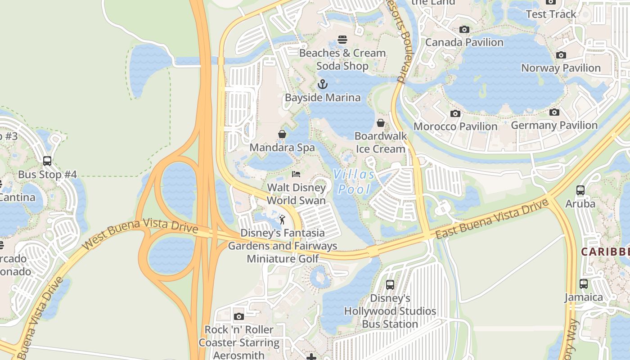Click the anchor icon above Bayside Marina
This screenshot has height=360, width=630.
322,84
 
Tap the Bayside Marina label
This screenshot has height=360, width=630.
323,98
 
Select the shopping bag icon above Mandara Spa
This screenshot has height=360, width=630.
282,134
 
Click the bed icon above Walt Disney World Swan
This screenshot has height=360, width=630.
296,174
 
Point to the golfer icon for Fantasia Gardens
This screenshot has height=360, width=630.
282,220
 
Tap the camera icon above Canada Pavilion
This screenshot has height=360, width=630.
464,30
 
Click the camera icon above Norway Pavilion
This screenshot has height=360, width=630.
561,55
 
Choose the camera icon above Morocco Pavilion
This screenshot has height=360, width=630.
455,113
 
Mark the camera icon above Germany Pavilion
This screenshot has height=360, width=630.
554,112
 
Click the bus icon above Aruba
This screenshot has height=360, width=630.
580,190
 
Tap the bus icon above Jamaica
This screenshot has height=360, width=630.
584,284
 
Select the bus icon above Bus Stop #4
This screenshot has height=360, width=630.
47,161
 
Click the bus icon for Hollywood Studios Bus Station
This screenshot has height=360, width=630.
390,285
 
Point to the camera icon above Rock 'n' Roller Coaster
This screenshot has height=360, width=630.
239,316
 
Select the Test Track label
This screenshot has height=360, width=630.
551,14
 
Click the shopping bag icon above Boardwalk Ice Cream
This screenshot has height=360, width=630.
381,123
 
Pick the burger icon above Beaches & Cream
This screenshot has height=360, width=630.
342,40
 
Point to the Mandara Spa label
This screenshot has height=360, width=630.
282,148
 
